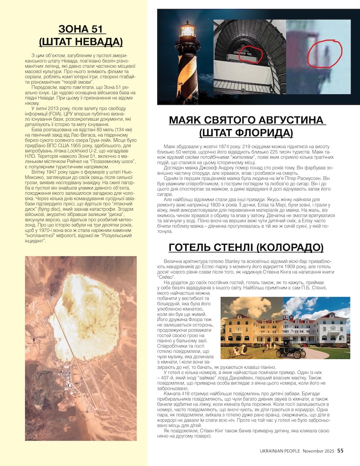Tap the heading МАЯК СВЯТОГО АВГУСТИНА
pos(247,120)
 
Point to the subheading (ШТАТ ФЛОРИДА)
pos(247,133)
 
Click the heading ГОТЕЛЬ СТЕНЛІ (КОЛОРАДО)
pos(246,248)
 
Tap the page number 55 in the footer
pos(341,451)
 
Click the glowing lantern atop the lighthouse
pos(188,32)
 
